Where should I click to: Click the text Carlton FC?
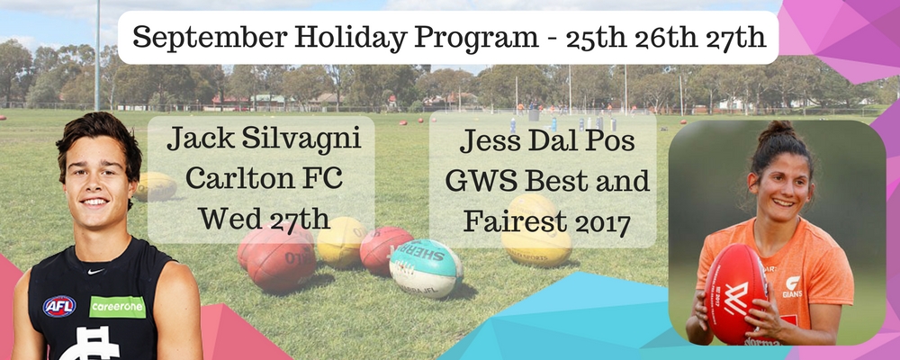click(x=264, y=179)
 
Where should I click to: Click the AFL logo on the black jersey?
click(x=59, y=306)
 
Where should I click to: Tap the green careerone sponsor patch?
click(x=118, y=307)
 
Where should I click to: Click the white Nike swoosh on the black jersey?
click(x=96, y=271)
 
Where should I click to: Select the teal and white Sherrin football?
click(x=426, y=268)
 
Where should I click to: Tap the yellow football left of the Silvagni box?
click(x=154, y=186)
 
